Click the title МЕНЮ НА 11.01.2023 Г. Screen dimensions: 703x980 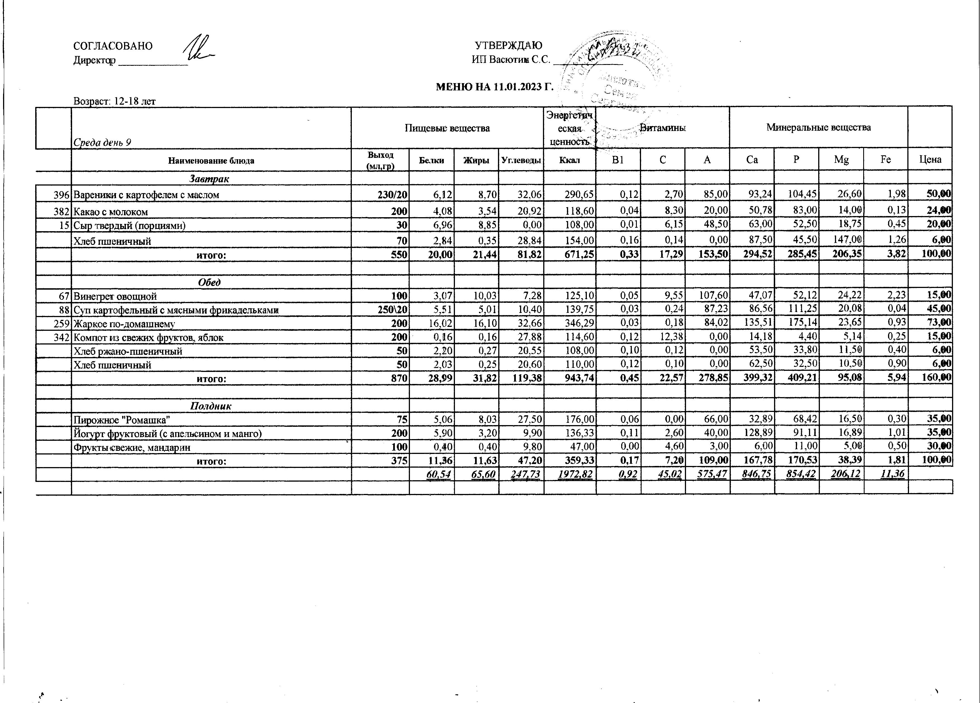[494, 87]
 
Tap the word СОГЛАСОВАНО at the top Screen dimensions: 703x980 [113, 46]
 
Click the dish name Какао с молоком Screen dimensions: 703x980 [111, 212]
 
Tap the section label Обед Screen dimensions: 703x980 [210, 282]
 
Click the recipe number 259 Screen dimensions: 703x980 [62, 324]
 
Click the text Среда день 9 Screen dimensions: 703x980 [102, 143]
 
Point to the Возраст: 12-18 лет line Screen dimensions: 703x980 [115, 101]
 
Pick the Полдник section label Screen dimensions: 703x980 [210, 406]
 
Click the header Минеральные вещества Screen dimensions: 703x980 [818, 128]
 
